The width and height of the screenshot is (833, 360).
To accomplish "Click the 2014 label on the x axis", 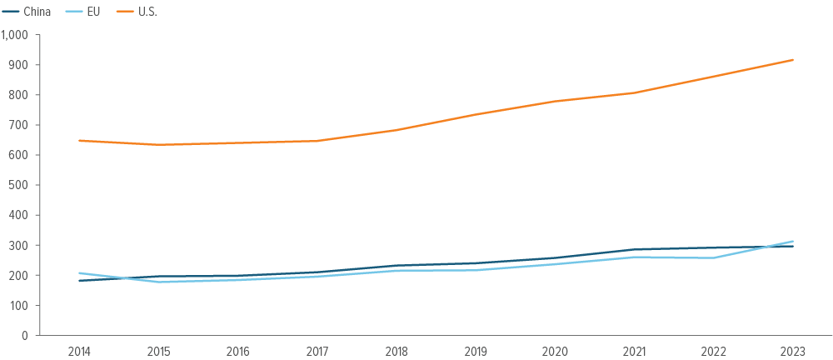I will tap(79, 351).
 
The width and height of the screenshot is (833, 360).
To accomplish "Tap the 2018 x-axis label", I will tap(397, 351).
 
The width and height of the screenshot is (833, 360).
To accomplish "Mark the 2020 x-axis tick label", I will tap(555, 351).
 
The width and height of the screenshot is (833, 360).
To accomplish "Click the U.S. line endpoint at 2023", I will tap(793, 60).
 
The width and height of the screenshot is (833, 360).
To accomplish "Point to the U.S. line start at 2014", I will tap(79, 141).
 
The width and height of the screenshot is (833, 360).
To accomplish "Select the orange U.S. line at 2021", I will tap(635, 92).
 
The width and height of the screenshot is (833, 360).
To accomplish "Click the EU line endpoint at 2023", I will tap(793, 242).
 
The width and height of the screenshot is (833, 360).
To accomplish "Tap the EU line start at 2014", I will tap(79, 273).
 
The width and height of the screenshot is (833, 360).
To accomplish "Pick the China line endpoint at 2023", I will tap(793, 247).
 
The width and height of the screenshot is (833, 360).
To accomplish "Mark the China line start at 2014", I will tap(79, 281).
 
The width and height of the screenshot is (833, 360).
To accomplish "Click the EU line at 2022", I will tap(714, 257).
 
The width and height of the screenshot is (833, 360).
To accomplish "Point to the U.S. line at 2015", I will tap(158, 145).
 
